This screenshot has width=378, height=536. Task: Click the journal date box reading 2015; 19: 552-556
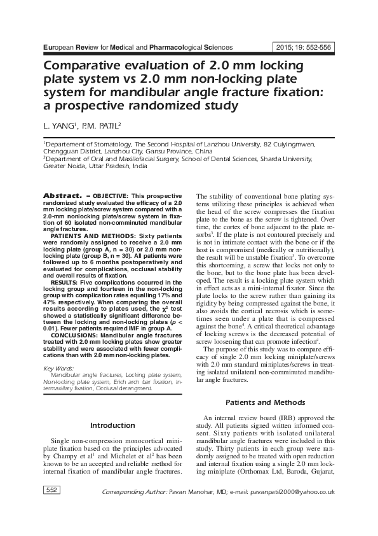pyautogui.click(x=304, y=47)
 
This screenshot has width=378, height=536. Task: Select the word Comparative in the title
pyautogui.click(x=86, y=66)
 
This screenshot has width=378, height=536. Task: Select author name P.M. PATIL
pyautogui.click(x=101, y=126)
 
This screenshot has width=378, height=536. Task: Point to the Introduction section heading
pyautogui.click(x=112, y=425)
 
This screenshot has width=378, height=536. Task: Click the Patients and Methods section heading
pyautogui.click(x=266, y=402)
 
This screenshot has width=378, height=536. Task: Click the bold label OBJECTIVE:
pyautogui.click(x=111, y=194)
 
